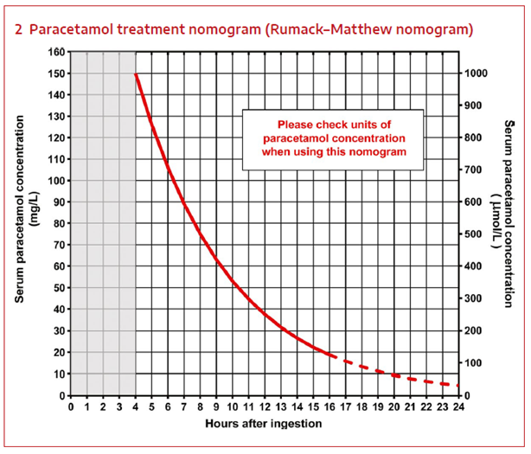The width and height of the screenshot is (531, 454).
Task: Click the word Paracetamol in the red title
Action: pyautogui.click(x=68, y=29)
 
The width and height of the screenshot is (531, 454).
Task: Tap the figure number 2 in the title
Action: pyautogui.click(x=19, y=29)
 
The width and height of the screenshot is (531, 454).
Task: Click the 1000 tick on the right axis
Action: pyautogui.click(x=474, y=74)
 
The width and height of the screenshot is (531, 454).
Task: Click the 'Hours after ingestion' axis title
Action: pyautogui.click(x=264, y=424)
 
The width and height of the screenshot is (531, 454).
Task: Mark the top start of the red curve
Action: pyautogui.click(x=137, y=74)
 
